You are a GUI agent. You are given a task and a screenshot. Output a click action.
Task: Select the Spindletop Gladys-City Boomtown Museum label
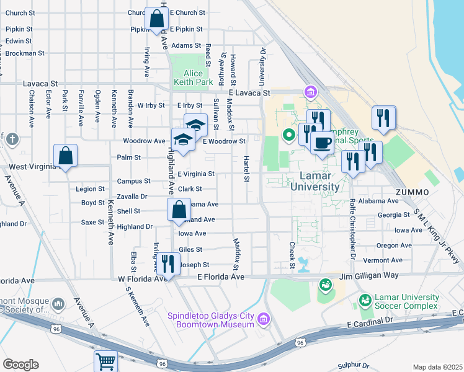pos(211,319)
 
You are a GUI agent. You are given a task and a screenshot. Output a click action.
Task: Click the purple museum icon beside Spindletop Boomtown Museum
pos(264,319)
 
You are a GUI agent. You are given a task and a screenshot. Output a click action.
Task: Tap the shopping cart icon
pos(106,360)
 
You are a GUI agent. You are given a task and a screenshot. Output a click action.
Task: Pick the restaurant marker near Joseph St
pos(167,263)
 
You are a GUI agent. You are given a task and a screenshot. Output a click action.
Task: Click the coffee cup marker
pos(321,143)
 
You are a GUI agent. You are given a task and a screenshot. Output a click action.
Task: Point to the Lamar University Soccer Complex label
pos(405,302)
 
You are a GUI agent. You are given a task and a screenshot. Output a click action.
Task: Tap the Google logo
pos(20,365)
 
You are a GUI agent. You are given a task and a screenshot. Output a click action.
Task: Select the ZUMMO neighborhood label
pos(412,192)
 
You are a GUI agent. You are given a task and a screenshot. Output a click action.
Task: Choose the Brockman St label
pos(24,53)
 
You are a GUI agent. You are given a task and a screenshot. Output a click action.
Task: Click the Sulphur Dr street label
pos(353,366)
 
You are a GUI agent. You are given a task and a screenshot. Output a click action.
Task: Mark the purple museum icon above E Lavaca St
pos(310,92)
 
